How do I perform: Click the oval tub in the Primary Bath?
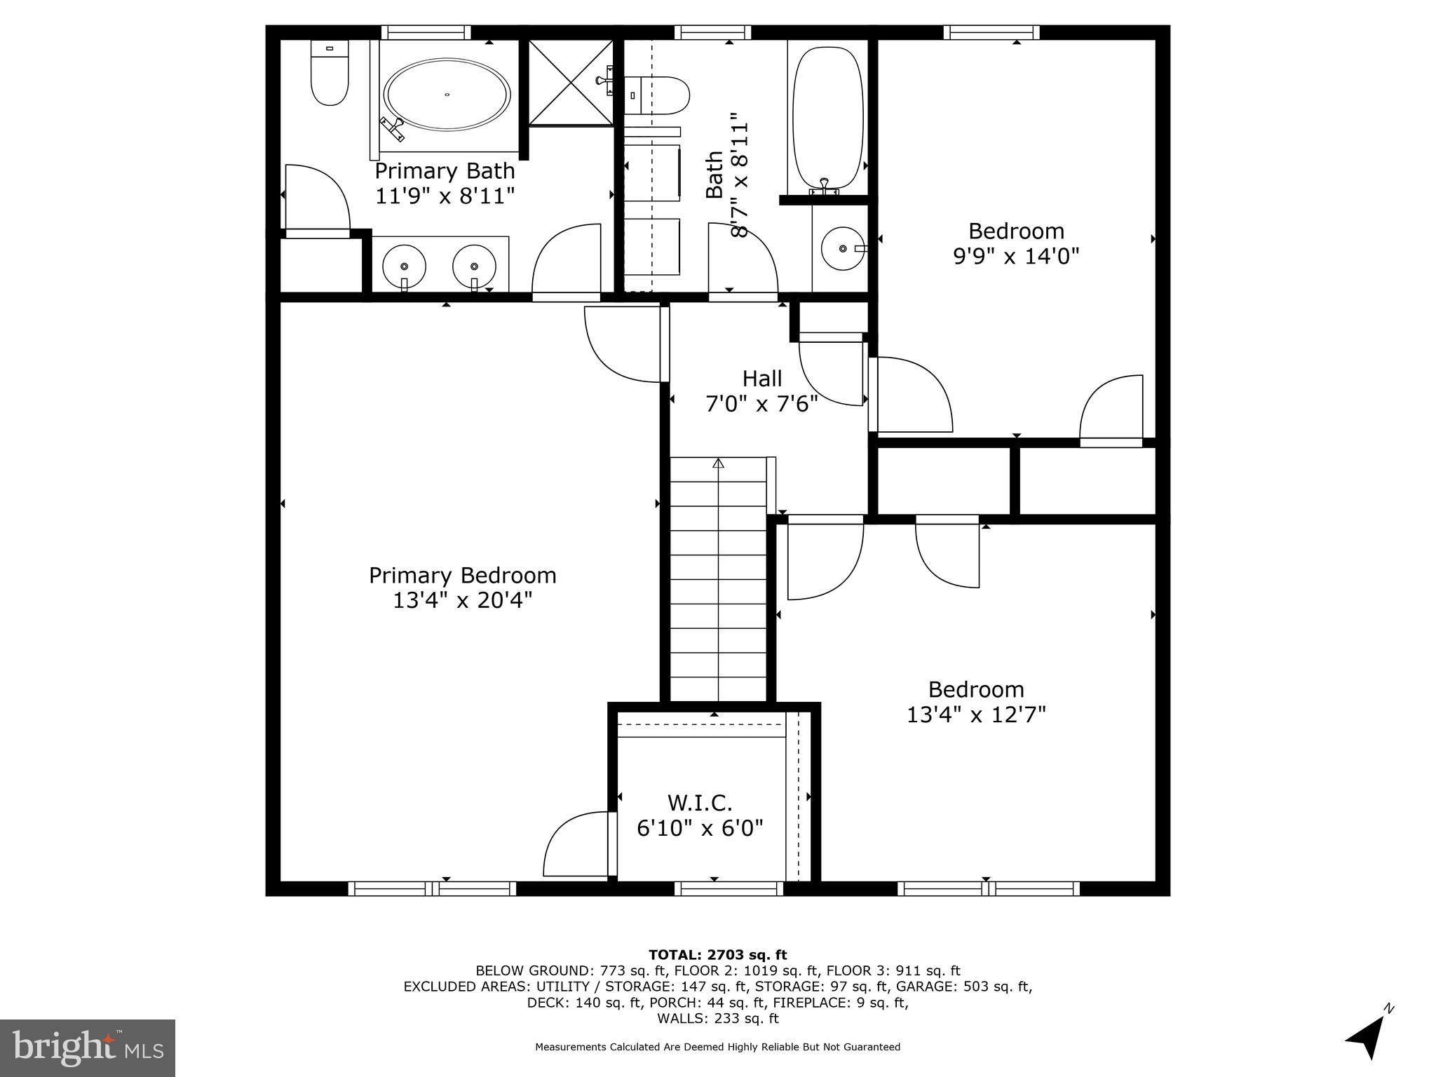[447, 94]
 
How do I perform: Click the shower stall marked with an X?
[570, 83]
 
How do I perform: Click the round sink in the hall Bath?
[844, 248]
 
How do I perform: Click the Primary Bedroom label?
[462, 576]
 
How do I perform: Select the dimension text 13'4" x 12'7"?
[976, 714]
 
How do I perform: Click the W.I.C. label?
[700, 802]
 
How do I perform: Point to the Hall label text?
[761, 379]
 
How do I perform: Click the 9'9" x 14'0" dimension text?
[1015, 256]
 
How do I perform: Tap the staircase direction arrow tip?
[718, 463]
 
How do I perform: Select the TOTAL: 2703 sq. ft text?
[717, 954]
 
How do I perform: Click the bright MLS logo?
[88, 1048]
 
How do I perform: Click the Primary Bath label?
[445, 171]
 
